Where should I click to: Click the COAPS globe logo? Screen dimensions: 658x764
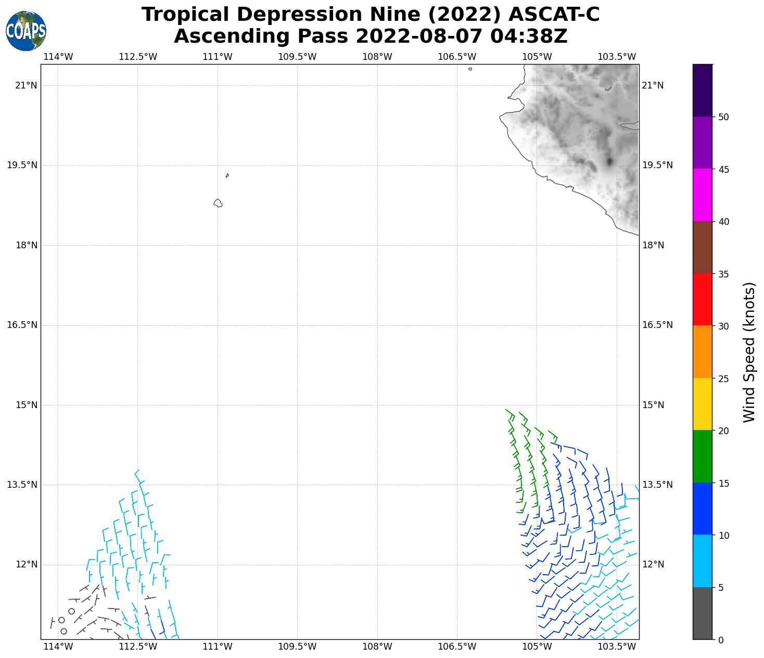click(26, 31)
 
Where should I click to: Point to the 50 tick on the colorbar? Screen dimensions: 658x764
click(723, 117)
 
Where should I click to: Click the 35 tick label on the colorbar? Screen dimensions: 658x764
click(723, 274)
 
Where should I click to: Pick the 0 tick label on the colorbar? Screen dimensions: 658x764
click(720, 640)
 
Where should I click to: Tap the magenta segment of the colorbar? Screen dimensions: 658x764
click(703, 195)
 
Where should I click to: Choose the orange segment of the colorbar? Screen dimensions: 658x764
click(703, 352)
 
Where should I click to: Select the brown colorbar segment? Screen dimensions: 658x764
click(703, 247)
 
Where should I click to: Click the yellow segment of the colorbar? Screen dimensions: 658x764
click(703, 404)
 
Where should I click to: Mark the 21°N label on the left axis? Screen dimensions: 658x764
click(26, 85)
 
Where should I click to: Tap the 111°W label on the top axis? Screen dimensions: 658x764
click(218, 57)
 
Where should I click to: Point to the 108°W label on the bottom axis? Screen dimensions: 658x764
click(377, 647)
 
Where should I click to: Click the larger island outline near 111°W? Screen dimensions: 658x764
click(218, 203)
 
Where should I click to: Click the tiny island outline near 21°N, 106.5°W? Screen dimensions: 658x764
click(470, 69)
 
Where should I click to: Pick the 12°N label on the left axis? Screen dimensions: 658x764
click(26, 565)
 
